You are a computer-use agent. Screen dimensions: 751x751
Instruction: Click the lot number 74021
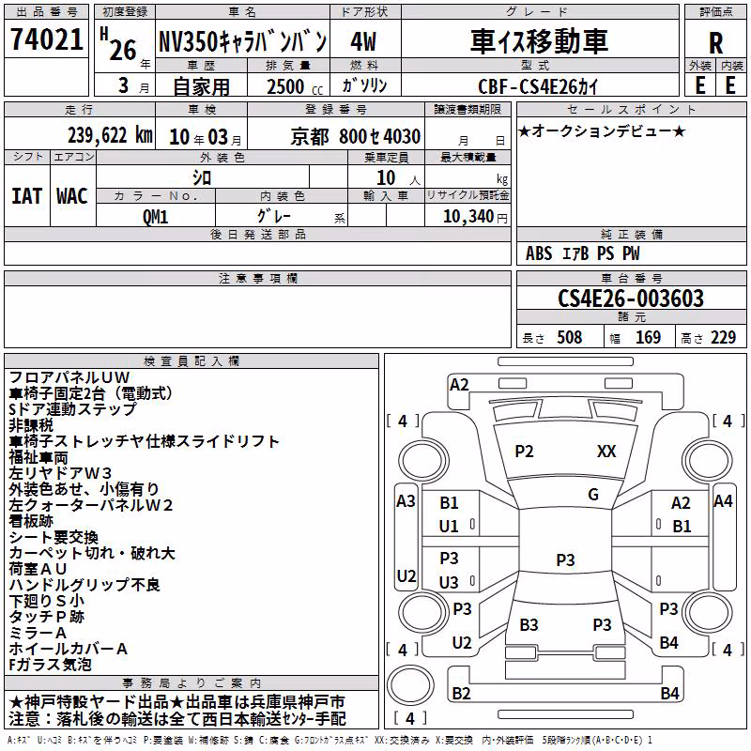click(46, 39)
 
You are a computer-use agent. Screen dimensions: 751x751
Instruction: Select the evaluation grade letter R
click(715, 43)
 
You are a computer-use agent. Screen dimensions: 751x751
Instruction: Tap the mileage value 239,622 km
click(110, 135)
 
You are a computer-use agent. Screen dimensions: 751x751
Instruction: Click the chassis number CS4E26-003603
click(631, 299)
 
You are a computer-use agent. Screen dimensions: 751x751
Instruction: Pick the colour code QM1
click(155, 217)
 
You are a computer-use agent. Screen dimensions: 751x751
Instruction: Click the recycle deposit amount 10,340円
click(475, 217)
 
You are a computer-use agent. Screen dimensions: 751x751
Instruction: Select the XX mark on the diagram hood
click(606, 452)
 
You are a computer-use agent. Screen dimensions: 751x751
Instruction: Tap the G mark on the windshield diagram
click(593, 495)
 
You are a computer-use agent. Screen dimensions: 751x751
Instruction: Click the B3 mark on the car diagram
click(529, 625)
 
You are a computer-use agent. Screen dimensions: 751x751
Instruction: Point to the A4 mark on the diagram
click(723, 501)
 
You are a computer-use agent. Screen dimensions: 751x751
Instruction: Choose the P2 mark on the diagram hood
click(524, 452)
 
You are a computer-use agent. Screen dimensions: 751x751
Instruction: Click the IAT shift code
click(26, 196)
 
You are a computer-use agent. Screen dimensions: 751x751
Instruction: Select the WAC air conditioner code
click(72, 196)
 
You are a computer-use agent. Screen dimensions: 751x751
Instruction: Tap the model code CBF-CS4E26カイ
click(538, 86)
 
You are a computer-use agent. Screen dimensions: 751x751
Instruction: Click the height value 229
click(723, 337)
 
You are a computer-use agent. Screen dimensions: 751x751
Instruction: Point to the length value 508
click(570, 337)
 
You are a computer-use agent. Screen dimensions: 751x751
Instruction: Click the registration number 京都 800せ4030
click(356, 137)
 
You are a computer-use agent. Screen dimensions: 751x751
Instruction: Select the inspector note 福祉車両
click(38, 457)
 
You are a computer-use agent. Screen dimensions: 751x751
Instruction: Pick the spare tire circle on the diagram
click(410, 685)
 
